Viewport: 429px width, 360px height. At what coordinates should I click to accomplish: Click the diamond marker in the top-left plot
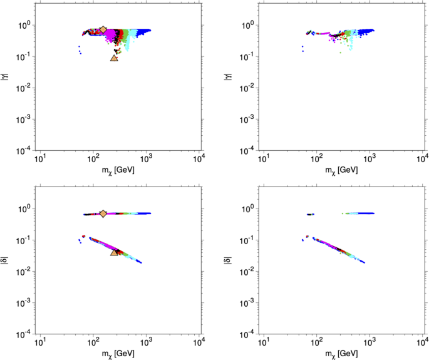click(x=103, y=29)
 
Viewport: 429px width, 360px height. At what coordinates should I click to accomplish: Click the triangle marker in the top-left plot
click(x=114, y=58)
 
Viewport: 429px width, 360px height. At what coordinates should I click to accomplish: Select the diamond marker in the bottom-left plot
click(x=103, y=213)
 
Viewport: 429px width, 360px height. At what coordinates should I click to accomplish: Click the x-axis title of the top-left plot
click(x=119, y=170)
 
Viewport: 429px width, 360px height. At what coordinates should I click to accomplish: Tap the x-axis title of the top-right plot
click(x=343, y=170)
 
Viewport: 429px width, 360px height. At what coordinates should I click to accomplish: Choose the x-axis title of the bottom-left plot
click(x=119, y=354)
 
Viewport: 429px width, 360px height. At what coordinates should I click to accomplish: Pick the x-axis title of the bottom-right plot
click(x=343, y=354)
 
